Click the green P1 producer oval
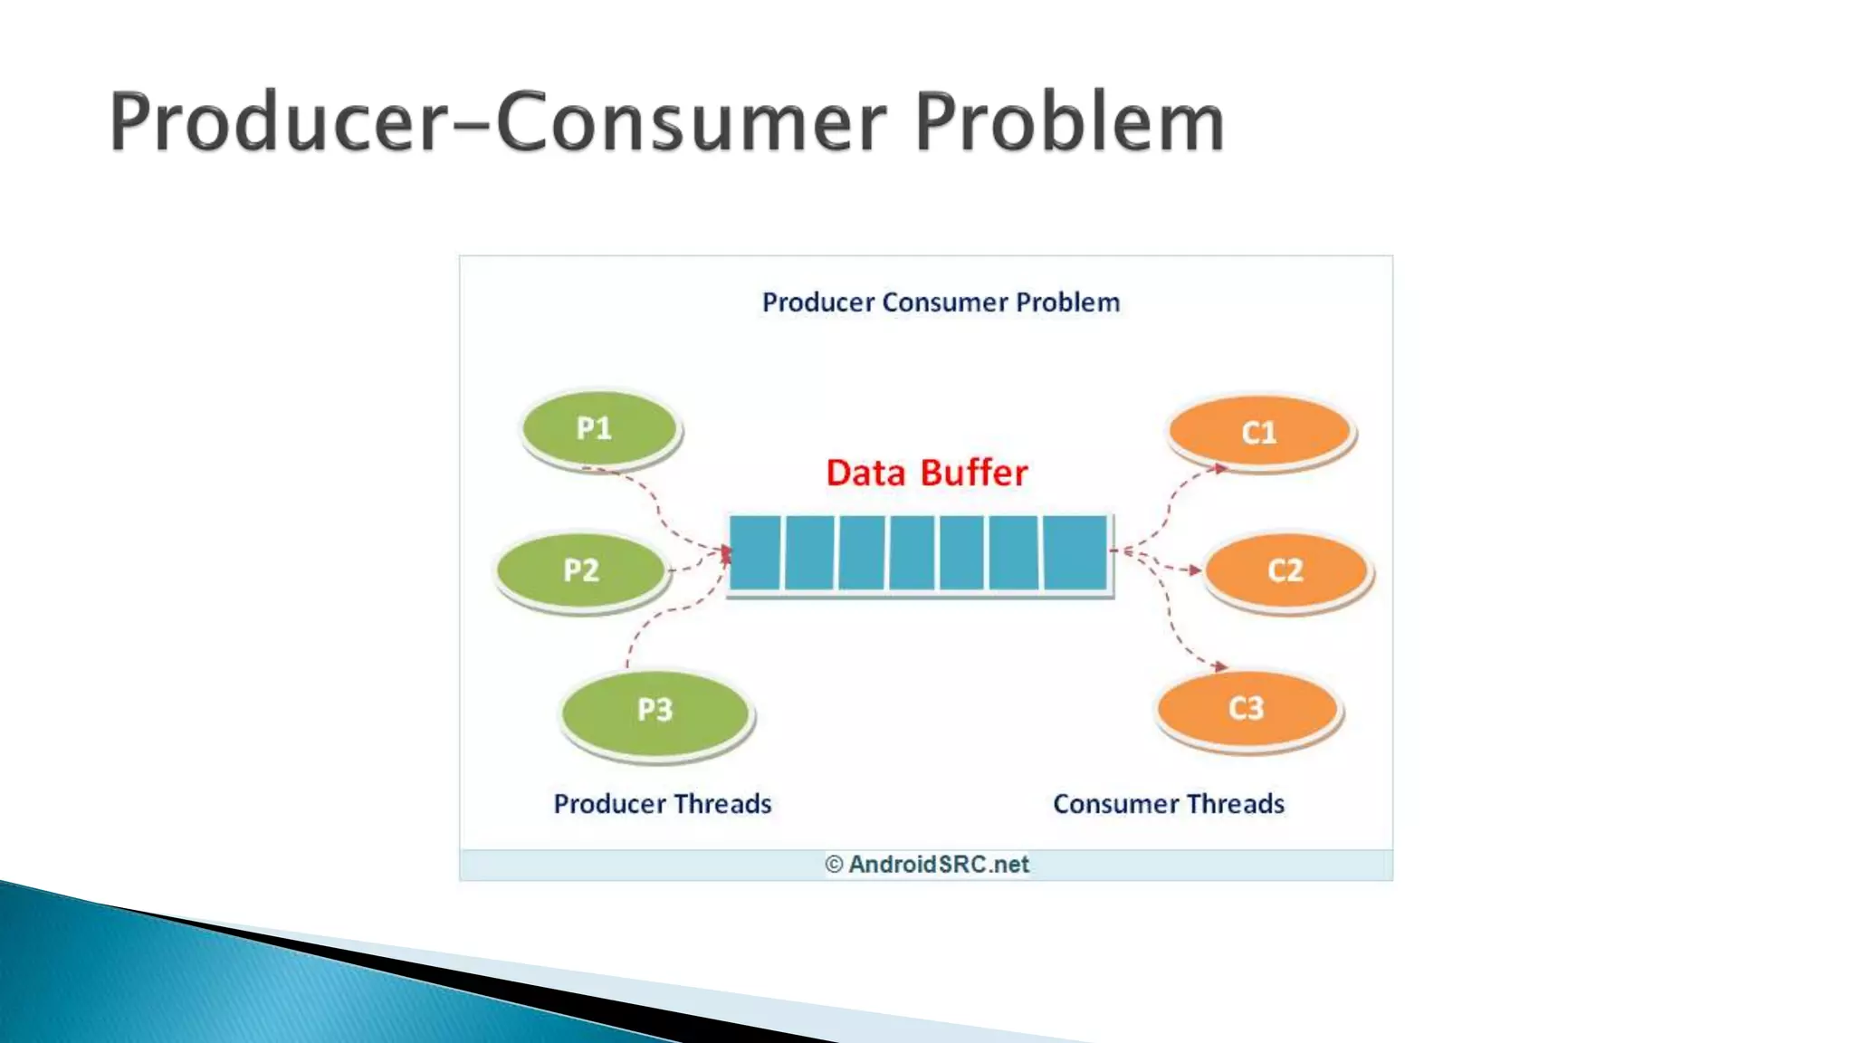pos(599,428)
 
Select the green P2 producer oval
pos(581,570)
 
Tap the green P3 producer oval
pos(655,710)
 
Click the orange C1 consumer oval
pos(1259,432)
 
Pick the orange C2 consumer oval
pos(1285,570)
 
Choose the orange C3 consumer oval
pos(1247,708)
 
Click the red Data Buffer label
pos(927,474)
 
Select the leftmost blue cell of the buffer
pos(755,552)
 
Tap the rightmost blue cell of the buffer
pos(1075,552)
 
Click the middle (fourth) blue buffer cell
pos(913,552)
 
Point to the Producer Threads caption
pos(663,804)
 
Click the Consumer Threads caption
pos(1169,804)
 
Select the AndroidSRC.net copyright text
pos(927,865)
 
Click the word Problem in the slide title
pos(1069,122)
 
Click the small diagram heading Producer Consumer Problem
pos(941,302)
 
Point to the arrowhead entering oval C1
pos(1220,468)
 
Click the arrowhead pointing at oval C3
pos(1220,666)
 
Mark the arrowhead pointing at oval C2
pos(1195,570)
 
